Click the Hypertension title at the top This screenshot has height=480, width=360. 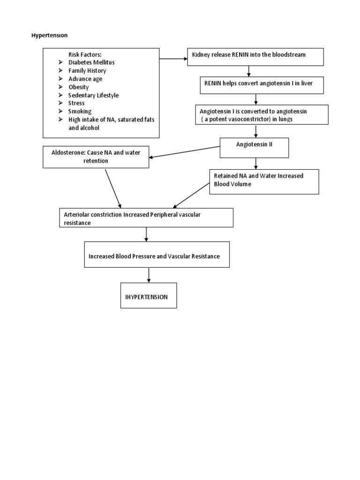[x=49, y=36]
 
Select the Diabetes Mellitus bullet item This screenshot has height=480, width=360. [x=91, y=62]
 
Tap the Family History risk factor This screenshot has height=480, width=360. [x=87, y=71]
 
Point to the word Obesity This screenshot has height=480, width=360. [x=78, y=87]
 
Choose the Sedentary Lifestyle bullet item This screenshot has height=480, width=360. [x=93, y=95]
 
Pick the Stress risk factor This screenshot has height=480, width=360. [x=76, y=103]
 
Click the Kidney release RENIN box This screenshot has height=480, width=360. [x=255, y=57]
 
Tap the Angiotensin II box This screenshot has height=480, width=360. [x=255, y=147]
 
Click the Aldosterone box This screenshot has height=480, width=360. [x=96, y=157]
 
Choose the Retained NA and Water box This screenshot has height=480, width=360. [x=263, y=181]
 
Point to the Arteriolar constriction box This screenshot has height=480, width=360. [x=146, y=217]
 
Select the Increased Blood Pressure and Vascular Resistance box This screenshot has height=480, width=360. [x=157, y=255]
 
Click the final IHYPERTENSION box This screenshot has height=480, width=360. [x=149, y=295]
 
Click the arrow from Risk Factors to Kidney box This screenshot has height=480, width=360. [x=173, y=59]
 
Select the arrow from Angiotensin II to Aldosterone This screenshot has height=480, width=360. [x=185, y=152]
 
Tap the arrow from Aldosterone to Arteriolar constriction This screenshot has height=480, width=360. [x=113, y=187]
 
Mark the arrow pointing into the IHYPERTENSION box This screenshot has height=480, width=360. [x=149, y=275]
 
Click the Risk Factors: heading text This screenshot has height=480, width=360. [x=85, y=54]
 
